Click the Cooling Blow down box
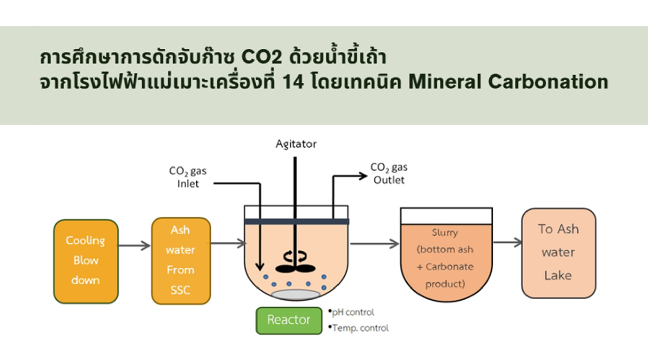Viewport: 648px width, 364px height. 86,261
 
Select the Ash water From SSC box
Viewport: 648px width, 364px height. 181,261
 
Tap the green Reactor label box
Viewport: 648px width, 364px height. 289,320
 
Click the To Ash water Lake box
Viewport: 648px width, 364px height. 559,253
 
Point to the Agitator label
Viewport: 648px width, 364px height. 296,144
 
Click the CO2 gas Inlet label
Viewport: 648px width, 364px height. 188,177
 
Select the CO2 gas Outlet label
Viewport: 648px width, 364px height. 389,174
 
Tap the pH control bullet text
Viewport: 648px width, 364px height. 353,312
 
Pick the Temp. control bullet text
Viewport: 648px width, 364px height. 360,328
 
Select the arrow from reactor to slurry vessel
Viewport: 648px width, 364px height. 374,243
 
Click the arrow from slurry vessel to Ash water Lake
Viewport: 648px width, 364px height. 508,242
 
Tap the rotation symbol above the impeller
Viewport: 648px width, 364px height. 295,256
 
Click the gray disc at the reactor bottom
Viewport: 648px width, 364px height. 296,295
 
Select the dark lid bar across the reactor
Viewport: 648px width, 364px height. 296,221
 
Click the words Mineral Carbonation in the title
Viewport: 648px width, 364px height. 508,82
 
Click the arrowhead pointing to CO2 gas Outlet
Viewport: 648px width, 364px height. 363,176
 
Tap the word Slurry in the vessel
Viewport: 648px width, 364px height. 445,233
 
